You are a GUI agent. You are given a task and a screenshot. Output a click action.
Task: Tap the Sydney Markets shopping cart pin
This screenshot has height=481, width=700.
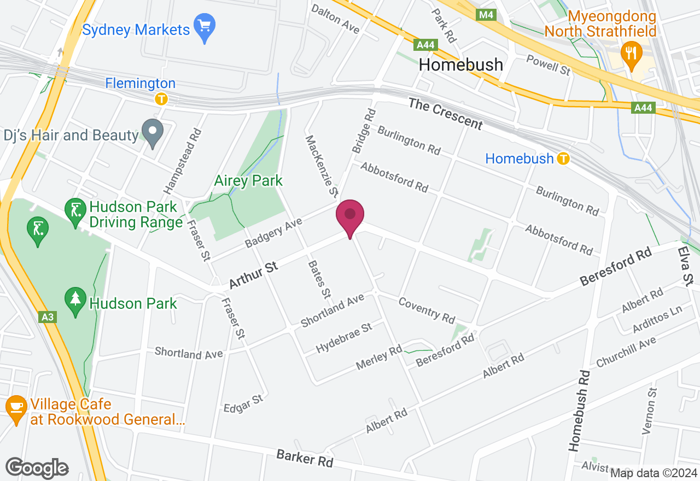[205, 27]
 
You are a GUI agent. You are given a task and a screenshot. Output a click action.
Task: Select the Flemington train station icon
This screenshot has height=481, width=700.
[161, 99]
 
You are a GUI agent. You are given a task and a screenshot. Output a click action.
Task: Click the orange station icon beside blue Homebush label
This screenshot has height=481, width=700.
[563, 159]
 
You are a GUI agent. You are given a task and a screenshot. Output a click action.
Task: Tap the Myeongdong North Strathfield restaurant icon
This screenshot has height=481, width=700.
[632, 54]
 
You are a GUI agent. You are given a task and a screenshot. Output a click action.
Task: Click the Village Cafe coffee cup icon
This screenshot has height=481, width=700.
[16, 408]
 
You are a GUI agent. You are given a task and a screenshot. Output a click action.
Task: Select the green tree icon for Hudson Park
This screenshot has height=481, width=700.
[75, 301]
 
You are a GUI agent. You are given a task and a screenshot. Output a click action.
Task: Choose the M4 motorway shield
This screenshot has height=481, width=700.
[486, 15]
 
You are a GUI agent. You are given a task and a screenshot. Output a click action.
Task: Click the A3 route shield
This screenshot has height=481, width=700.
[48, 317]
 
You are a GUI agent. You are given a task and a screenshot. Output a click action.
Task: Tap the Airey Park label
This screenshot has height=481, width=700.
[249, 180]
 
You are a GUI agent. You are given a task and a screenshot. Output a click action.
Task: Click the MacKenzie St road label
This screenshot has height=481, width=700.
[321, 166]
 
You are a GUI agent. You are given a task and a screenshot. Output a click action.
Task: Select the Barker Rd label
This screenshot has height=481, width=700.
[305, 458]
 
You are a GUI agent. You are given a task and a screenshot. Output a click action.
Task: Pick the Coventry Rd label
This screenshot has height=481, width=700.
[427, 309]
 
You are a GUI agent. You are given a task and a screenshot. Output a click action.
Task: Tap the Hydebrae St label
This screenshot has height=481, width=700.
[344, 338]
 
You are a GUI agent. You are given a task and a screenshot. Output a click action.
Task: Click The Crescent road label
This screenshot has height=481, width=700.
[446, 114]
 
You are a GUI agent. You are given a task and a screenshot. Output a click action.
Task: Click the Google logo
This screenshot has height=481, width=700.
[37, 468]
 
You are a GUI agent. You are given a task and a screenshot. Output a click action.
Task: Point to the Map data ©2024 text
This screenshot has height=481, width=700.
[654, 473]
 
